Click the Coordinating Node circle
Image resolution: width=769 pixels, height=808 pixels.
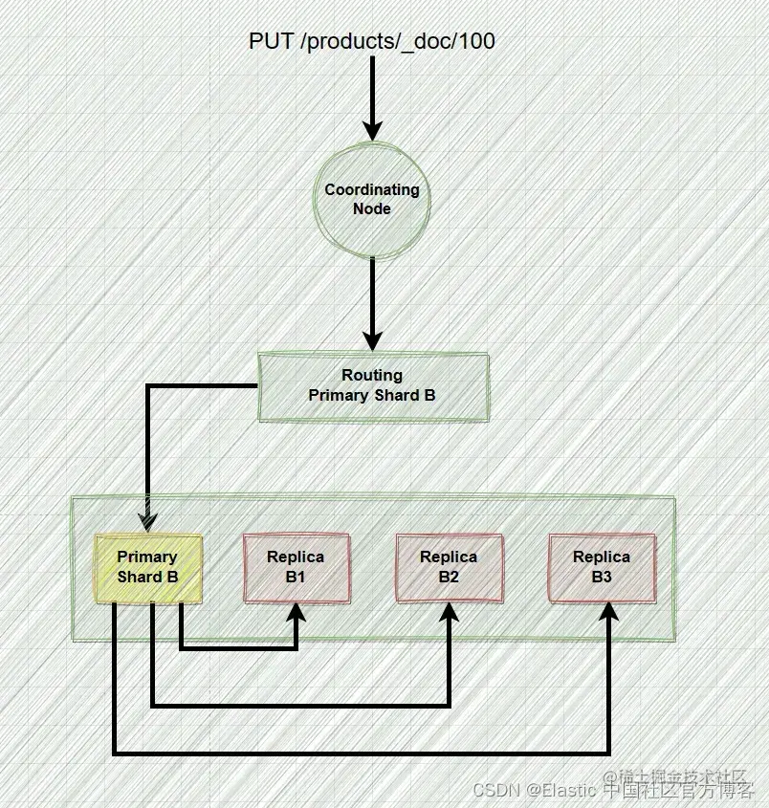point(372,199)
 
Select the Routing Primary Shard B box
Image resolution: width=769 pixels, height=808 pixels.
point(373,386)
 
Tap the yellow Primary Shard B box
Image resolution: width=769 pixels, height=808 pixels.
point(148,567)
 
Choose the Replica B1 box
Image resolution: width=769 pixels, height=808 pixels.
point(296,567)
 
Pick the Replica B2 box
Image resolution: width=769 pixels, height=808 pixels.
point(449,567)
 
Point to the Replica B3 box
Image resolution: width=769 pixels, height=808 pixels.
point(602,567)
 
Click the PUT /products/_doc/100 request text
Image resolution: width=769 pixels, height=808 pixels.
point(372,41)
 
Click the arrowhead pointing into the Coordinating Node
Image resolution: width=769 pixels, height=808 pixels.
point(372,130)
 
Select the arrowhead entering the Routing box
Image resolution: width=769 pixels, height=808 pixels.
point(372,340)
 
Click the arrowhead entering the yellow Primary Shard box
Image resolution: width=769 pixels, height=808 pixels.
point(147,520)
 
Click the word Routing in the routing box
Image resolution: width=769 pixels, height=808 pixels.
point(372,376)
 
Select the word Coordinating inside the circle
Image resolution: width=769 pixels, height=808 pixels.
point(372,189)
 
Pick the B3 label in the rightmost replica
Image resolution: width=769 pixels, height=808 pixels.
point(602,578)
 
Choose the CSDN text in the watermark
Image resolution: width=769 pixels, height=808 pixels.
point(494,791)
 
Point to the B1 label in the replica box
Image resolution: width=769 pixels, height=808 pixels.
point(296,578)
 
